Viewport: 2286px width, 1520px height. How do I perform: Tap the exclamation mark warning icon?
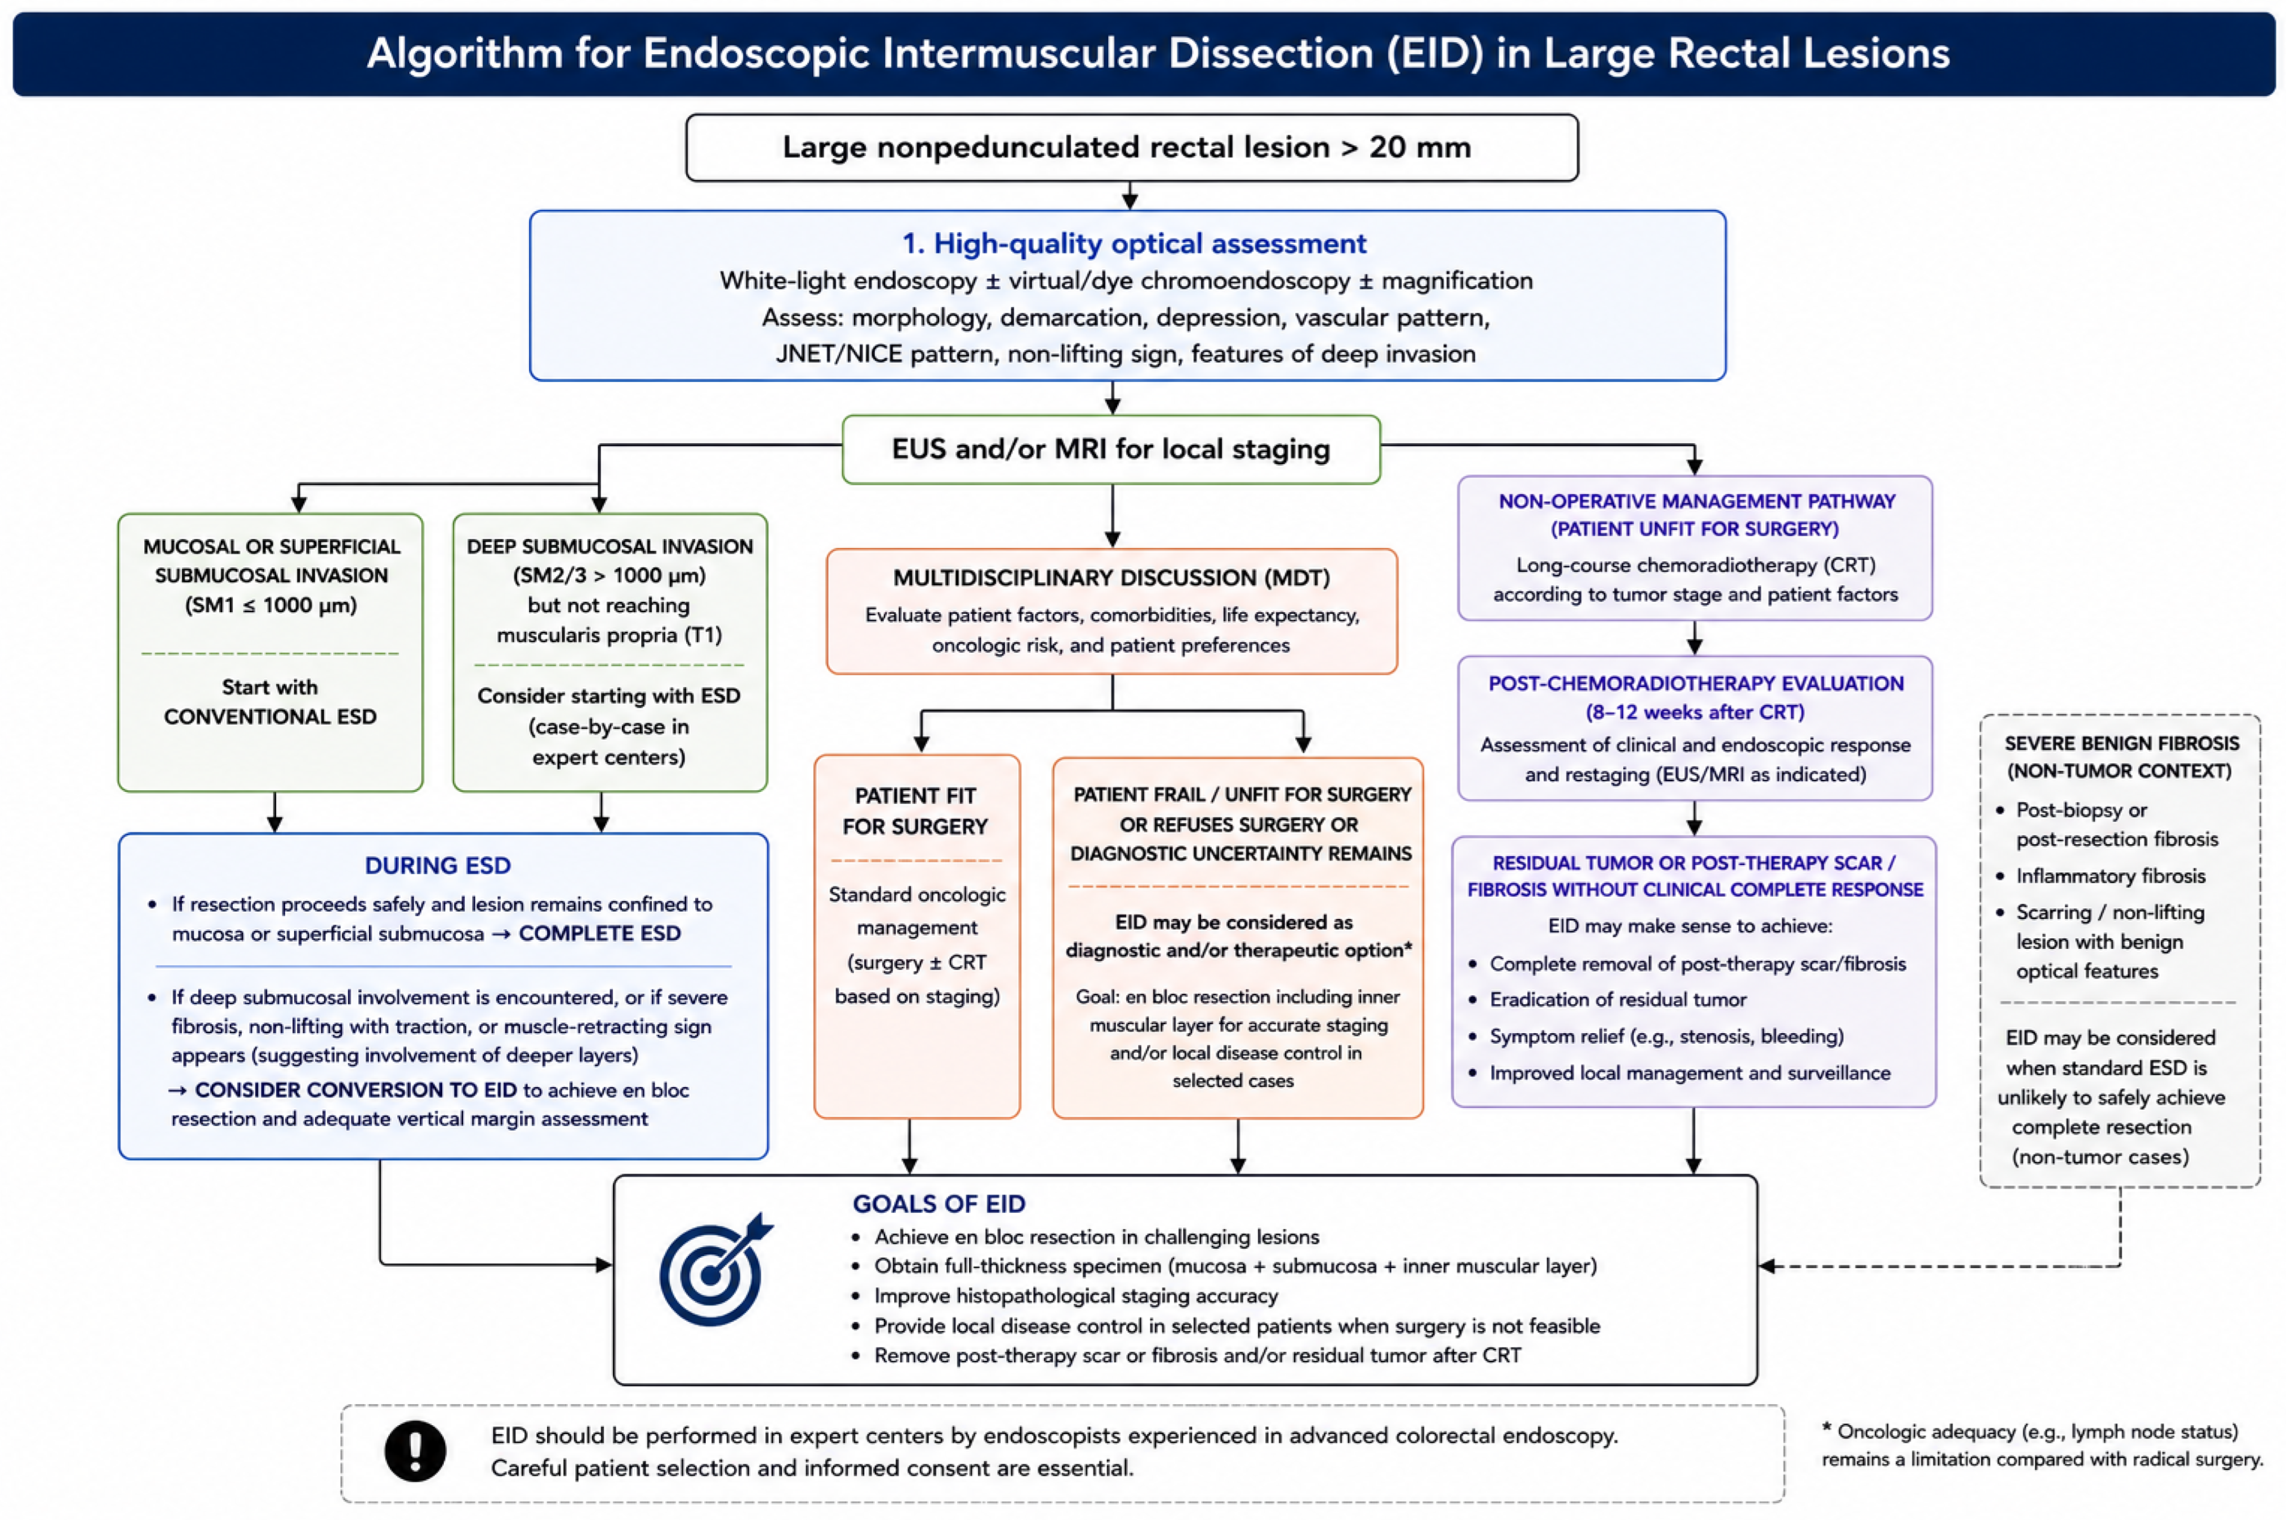tap(415, 1451)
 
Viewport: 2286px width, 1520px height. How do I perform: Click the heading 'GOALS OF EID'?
tap(939, 1204)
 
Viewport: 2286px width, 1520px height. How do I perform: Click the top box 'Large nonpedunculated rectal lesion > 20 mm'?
tap(1132, 148)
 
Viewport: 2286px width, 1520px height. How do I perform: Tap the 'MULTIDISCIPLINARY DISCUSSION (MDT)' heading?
tap(1111, 578)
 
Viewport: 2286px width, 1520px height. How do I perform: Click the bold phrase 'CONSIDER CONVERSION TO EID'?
tap(356, 1090)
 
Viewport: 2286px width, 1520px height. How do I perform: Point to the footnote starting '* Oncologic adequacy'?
tap(2042, 1445)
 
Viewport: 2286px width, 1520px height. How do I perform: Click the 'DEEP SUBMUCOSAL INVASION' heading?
tap(609, 547)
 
